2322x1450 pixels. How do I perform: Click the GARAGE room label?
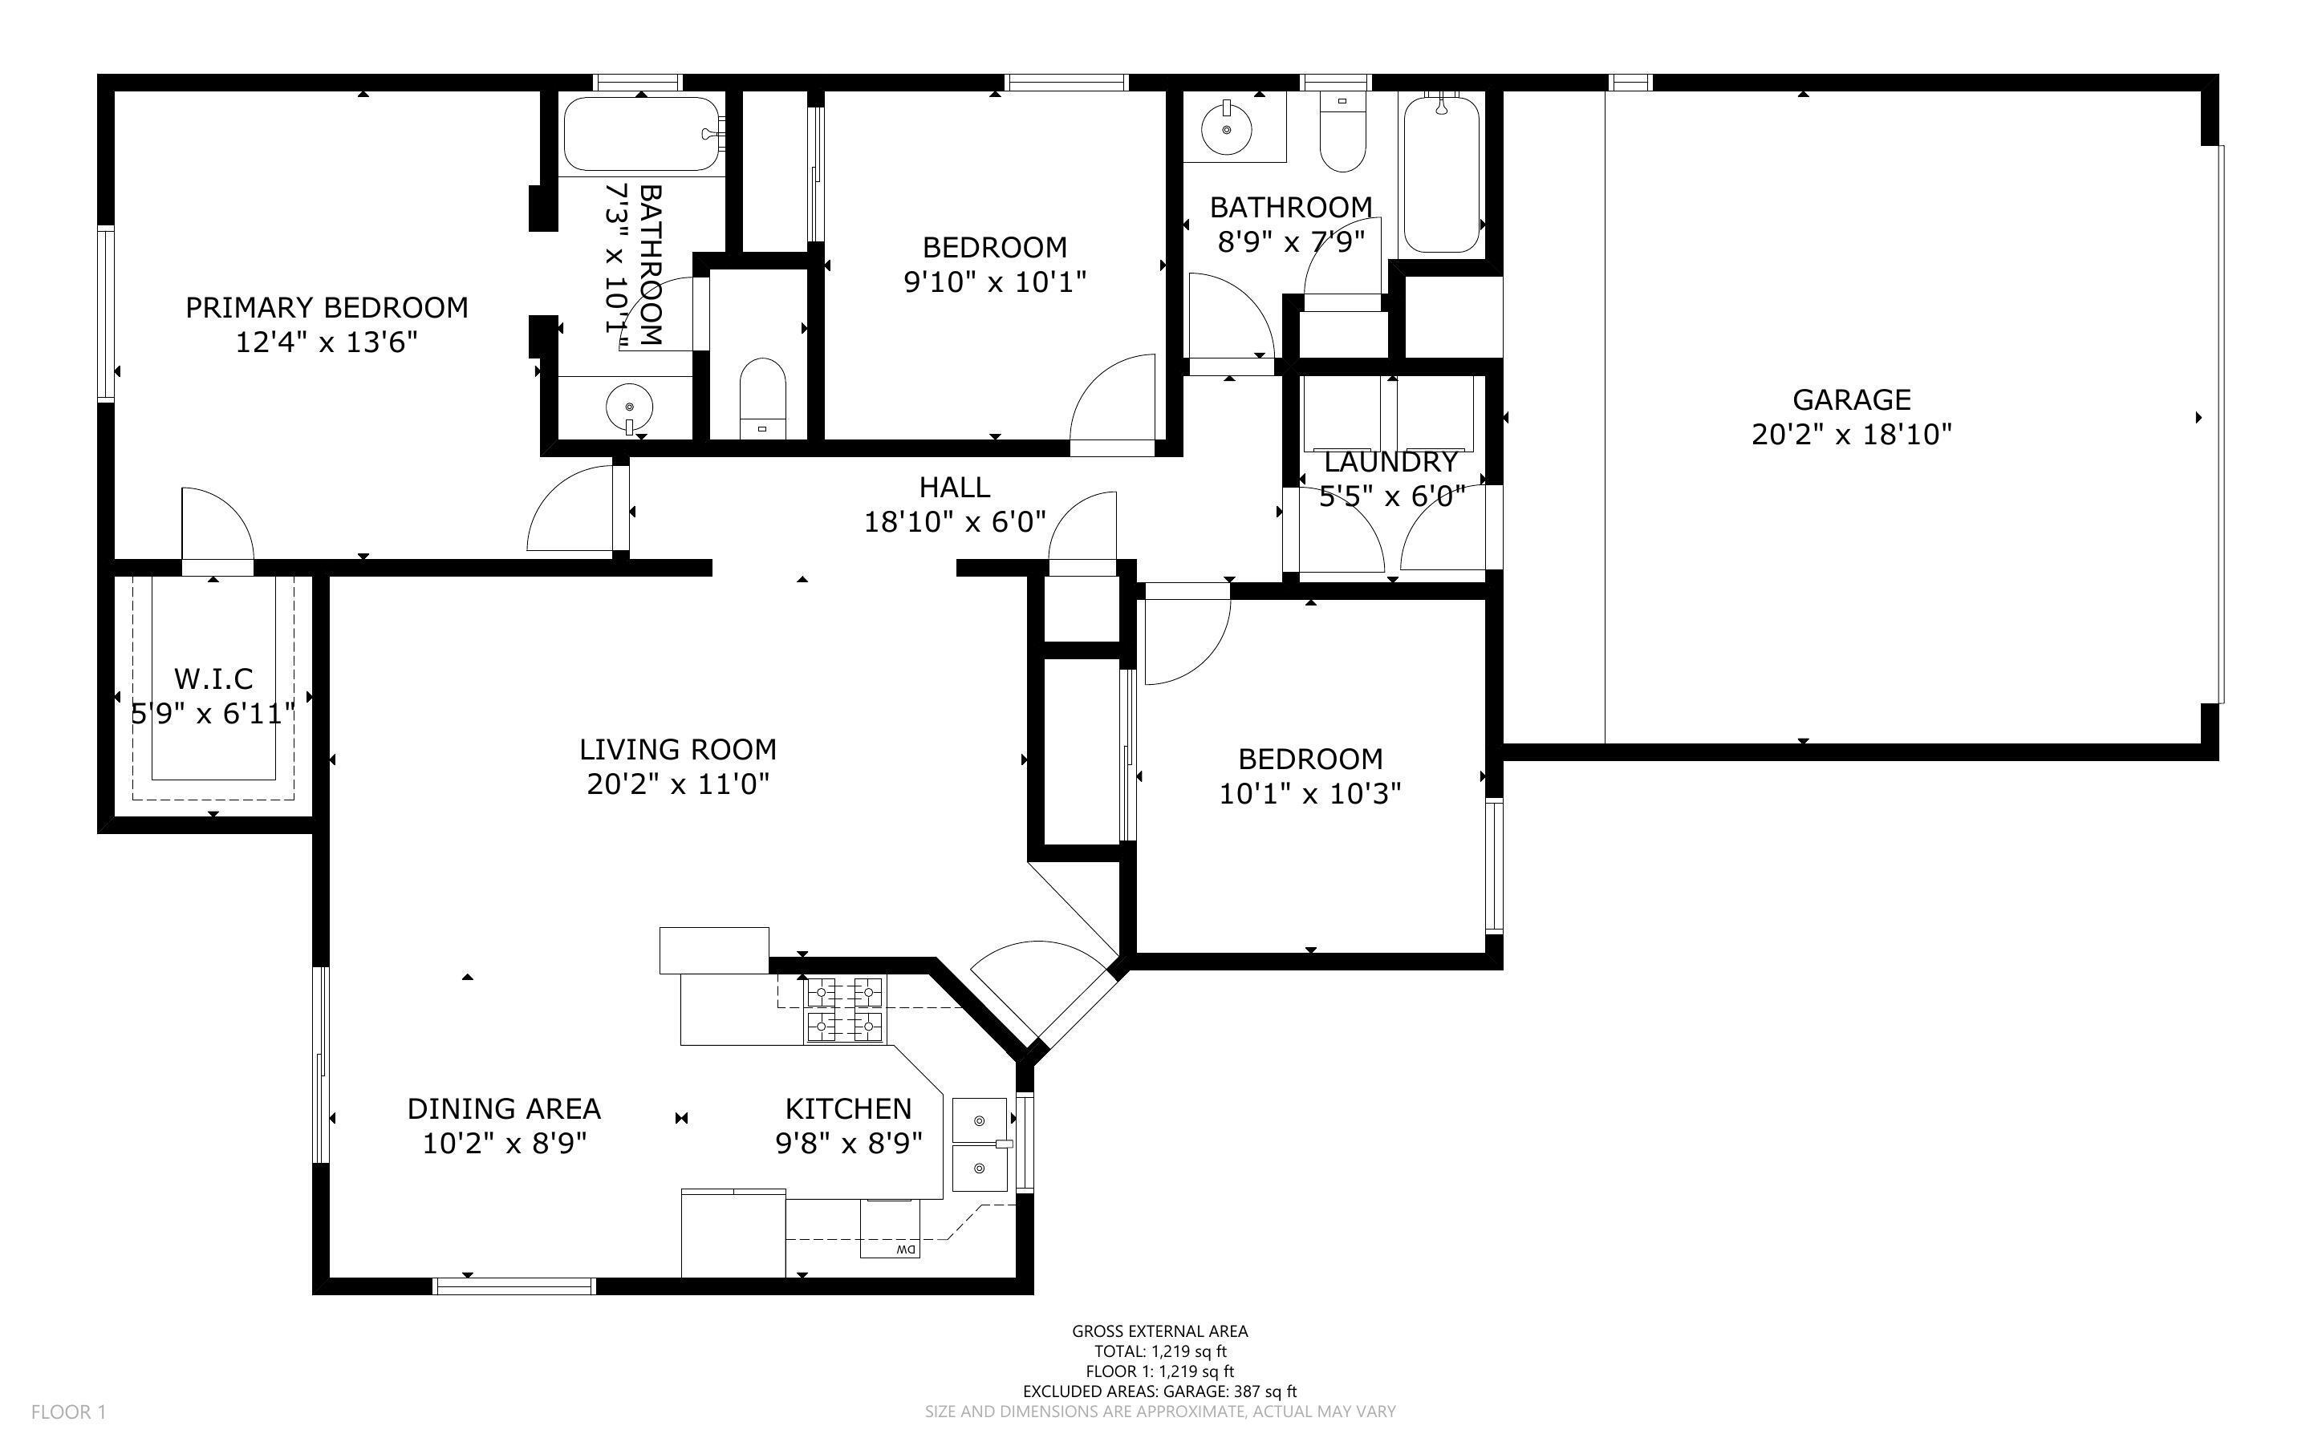click(x=1851, y=400)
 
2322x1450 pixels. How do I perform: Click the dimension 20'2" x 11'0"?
click(x=678, y=784)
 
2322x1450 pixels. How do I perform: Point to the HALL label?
click(x=954, y=488)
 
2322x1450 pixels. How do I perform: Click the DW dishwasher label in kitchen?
click(x=905, y=1250)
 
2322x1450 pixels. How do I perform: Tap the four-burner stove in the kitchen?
click(x=844, y=1009)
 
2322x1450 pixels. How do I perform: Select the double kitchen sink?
click(x=979, y=1144)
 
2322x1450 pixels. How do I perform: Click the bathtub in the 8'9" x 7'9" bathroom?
click(x=1440, y=175)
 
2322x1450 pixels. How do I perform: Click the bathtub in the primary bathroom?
click(x=641, y=134)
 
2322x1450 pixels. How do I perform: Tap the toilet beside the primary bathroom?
click(x=762, y=398)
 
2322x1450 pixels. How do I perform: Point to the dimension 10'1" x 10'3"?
click(x=1310, y=794)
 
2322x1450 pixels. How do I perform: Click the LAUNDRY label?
click(x=1390, y=462)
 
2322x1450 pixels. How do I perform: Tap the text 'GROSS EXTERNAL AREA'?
click(x=1159, y=1331)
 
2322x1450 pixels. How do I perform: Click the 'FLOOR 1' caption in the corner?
click(x=68, y=1412)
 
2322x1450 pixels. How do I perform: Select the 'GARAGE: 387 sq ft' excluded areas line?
click(x=1159, y=1391)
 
